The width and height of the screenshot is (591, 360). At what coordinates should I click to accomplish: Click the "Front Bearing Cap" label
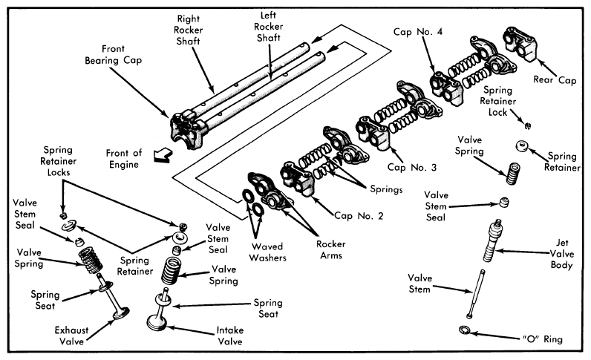tap(113, 55)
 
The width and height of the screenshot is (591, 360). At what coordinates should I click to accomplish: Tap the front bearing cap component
tap(187, 129)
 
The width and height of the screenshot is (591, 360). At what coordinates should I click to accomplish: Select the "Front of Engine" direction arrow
tap(163, 154)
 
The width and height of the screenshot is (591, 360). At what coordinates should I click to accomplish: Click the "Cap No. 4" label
tap(417, 32)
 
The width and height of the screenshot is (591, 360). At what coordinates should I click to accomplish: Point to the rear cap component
tap(520, 43)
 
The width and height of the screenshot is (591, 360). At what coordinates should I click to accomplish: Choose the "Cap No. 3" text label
tap(412, 167)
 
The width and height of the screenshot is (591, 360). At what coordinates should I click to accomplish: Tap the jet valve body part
tap(492, 240)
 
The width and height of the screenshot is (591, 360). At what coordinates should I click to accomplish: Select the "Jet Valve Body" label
tap(561, 254)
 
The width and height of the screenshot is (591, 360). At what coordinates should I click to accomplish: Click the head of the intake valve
tap(157, 323)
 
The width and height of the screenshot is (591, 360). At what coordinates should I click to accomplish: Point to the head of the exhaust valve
tap(121, 313)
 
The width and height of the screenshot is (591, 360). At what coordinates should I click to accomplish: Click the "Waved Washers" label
tap(267, 252)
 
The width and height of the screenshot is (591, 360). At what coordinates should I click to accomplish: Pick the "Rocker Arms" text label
tap(331, 249)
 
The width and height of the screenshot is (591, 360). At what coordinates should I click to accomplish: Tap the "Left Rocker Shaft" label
tap(268, 27)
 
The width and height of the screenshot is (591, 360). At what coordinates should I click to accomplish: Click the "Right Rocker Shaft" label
tap(188, 30)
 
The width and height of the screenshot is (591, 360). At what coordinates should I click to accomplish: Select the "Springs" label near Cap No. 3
tap(386, 189)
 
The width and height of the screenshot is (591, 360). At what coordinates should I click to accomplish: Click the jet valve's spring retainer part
tap(522, 146)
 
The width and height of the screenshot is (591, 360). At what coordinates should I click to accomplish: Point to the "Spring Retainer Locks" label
tap(58, 161)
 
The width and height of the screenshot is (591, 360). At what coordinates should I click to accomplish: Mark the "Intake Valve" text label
tap(229, 336)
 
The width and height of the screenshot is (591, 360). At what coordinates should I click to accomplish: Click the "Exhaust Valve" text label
tap(71, 336)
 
